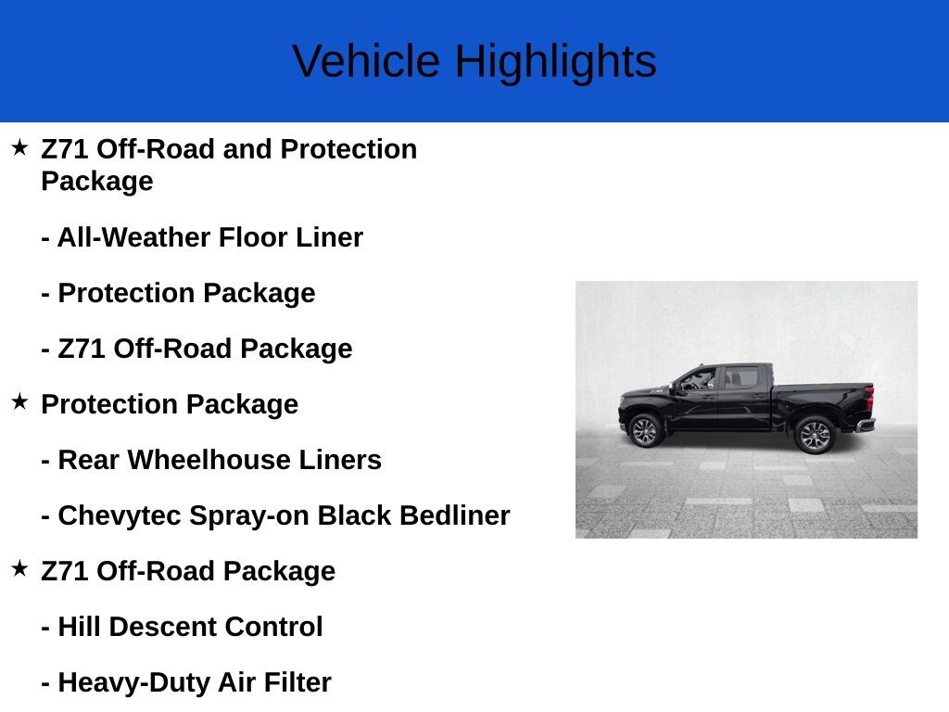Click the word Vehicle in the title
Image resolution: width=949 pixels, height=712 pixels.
pyautogui.click(x=366, y=60)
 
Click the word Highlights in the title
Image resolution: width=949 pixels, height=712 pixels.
pyautogui.click(x=556, y=62)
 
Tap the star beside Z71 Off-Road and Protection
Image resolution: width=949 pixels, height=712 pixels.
pyautogui.click(x=20, y=147)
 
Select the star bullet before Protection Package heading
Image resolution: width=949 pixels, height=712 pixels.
pyautogui.click(x=20, y=401)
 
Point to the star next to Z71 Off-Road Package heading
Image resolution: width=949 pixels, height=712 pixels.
pyautogui.click(x=20, y=568)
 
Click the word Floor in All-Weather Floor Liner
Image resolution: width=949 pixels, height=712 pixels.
pyautogui.click(x=252, y=237)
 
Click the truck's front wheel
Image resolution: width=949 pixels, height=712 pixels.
pyautogui.click(x=645, y=430)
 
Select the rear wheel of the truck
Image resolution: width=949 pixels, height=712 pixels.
pyautogui.click(x=816, y=435)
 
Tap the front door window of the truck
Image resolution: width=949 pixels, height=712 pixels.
pyautogui.click(x=698, y=380)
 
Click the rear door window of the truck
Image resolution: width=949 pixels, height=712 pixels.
pyautogui.click(x=741, y=377)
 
